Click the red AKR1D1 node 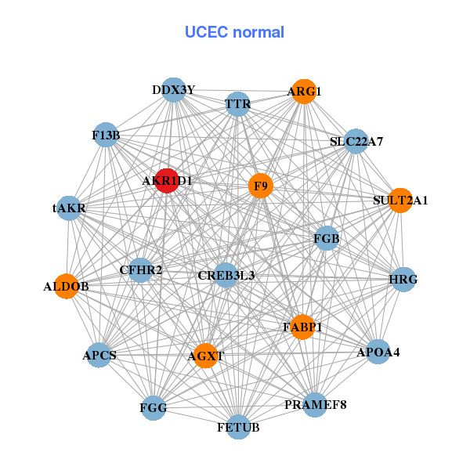pos(167,181)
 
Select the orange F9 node pos(261,186)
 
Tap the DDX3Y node pos(174,90)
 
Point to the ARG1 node pos(304,92)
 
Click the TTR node pos(237,104)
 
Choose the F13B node pos(106,135)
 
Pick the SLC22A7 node pos(356,142)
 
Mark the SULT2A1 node pos(400,201)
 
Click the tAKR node pos(69,208)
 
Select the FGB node pos(327,239)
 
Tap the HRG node pos(403,280)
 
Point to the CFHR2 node pos(140,270)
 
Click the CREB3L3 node pos(226,275)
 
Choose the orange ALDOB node pos(67,286)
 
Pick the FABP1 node pos(302,327)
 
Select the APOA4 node pos(378,352)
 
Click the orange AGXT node pos(205,356)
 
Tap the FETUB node pos(238,427)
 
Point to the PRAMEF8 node pos(315,405)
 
